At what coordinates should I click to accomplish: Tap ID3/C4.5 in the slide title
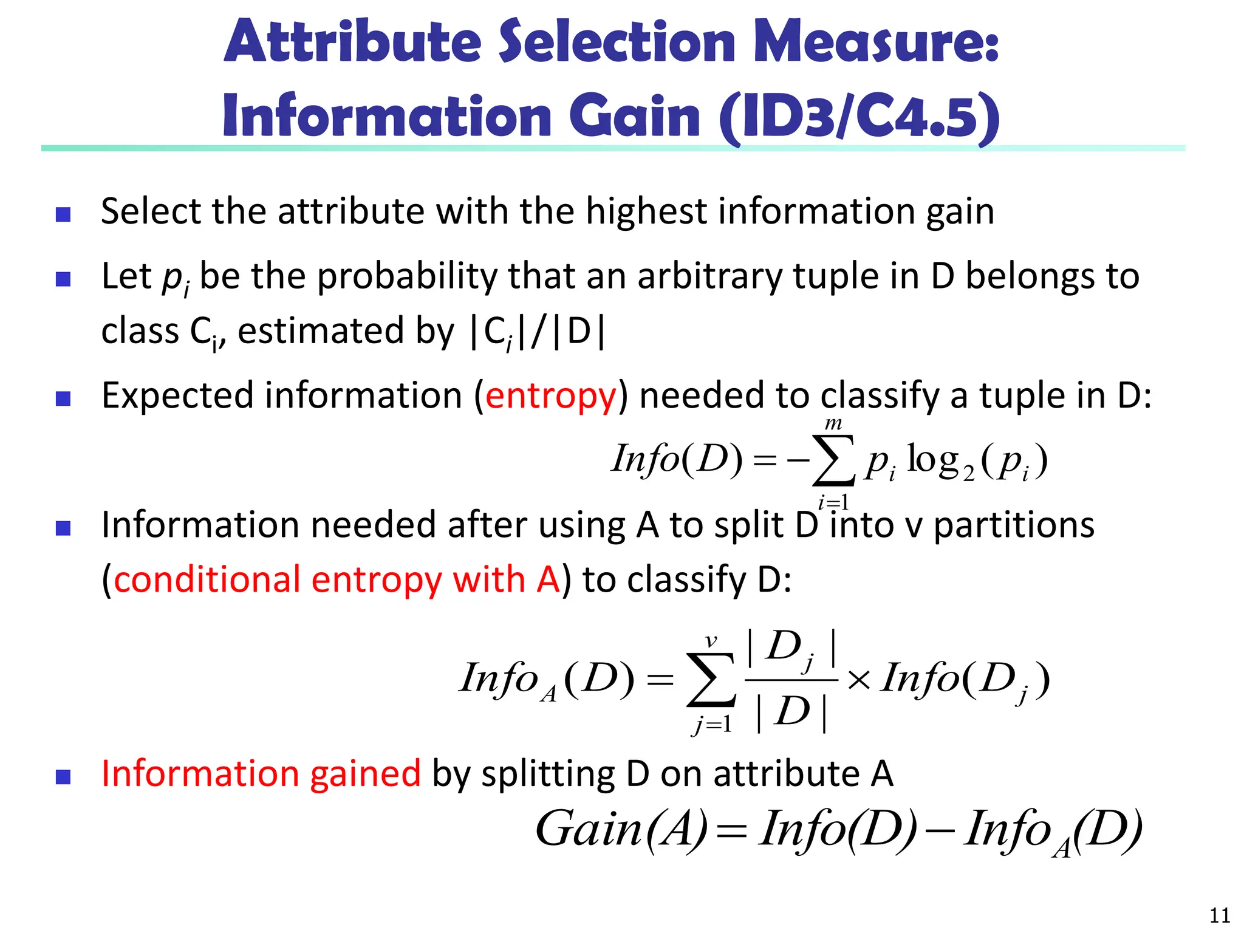[x=860, y=117]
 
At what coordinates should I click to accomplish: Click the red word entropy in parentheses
[x=551, y=396]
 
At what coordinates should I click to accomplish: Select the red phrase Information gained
[x=261, y=774]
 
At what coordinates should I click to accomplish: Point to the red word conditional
[x=207, y=579]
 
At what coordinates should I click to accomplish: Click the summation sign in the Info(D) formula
[x=833, y=460]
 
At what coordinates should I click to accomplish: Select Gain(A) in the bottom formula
[x=621, y=830]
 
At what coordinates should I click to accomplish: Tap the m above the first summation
[x=833, y=423]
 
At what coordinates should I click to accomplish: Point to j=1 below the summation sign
[x=712, y=724]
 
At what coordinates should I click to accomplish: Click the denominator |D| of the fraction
[x=791, y=712]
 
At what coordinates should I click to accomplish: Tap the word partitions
[x=1014, y=525]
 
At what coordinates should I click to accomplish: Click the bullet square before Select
[x=63, y=214]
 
